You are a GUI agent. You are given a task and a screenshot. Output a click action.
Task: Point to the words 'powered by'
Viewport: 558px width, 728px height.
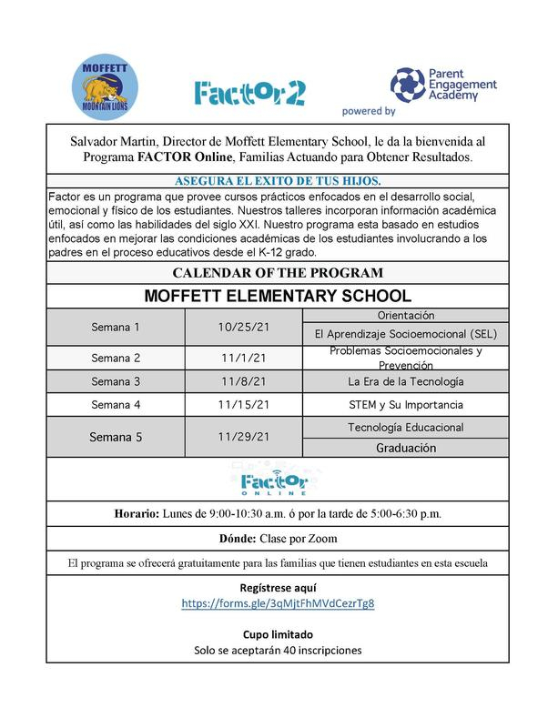tap(369, 111)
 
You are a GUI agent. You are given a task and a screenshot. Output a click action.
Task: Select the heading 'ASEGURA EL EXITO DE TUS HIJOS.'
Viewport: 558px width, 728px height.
tap(278, 180)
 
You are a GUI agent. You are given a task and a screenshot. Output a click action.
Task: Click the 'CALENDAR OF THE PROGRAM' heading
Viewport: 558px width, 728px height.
tap(278, 272)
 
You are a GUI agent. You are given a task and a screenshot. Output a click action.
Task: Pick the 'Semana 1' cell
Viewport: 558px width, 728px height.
tap(116, 327)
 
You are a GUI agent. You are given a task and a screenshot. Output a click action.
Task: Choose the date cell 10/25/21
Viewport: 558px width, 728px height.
tap(244, 327)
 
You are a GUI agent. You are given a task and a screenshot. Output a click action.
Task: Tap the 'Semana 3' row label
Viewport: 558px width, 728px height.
tap(116, 380)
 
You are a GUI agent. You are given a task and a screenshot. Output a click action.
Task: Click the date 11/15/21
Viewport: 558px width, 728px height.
tap(244, 404)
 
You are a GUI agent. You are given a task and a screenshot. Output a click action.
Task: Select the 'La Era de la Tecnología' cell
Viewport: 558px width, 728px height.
tap(406, 380)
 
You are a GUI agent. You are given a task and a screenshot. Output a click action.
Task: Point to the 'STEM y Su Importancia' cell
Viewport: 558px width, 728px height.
tap(406, 404)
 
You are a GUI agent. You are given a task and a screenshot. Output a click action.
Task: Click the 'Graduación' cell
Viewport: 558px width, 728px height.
tap(406, 448)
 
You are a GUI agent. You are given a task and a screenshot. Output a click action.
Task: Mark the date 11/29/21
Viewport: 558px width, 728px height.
tap(244, 437)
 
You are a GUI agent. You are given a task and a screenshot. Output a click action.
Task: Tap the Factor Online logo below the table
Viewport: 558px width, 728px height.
tap(278, 479)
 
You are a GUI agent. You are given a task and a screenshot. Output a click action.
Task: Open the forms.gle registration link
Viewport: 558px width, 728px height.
tap(278, 603)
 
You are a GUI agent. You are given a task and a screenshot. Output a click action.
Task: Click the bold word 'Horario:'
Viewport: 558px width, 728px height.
tap(138, 513)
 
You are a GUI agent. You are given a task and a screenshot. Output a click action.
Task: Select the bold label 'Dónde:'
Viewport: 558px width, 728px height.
tap(239, 539)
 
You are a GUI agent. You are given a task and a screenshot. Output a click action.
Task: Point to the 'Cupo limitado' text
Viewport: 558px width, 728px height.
tap(278, 633)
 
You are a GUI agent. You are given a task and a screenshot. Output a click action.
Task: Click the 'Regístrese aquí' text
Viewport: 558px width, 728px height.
tap(278, 587)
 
